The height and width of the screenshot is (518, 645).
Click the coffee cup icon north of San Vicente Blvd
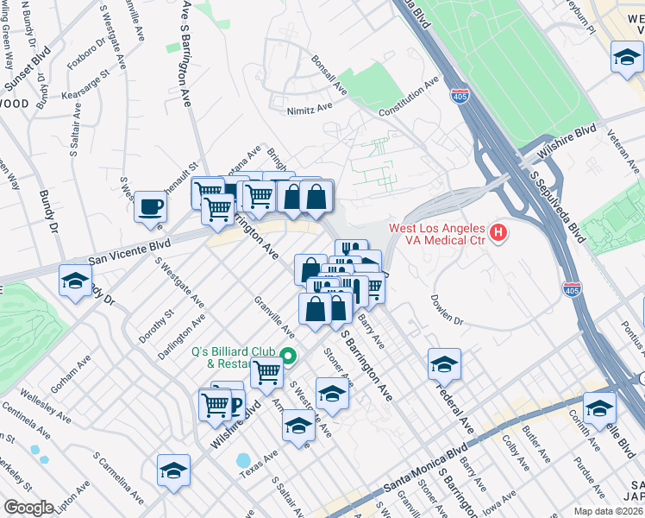coord(151,207)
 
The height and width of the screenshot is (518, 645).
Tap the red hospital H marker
coord(498,233)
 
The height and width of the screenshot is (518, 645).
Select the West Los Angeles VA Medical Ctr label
coord(436,234)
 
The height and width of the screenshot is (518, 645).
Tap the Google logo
coord(28,508)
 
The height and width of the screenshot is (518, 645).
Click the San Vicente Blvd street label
coord(129,251)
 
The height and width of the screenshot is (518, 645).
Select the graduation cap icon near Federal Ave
coord(444,365)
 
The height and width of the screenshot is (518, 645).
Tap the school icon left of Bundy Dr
coord(76,282)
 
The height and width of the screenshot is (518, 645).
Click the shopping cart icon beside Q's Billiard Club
coord(267,374)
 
